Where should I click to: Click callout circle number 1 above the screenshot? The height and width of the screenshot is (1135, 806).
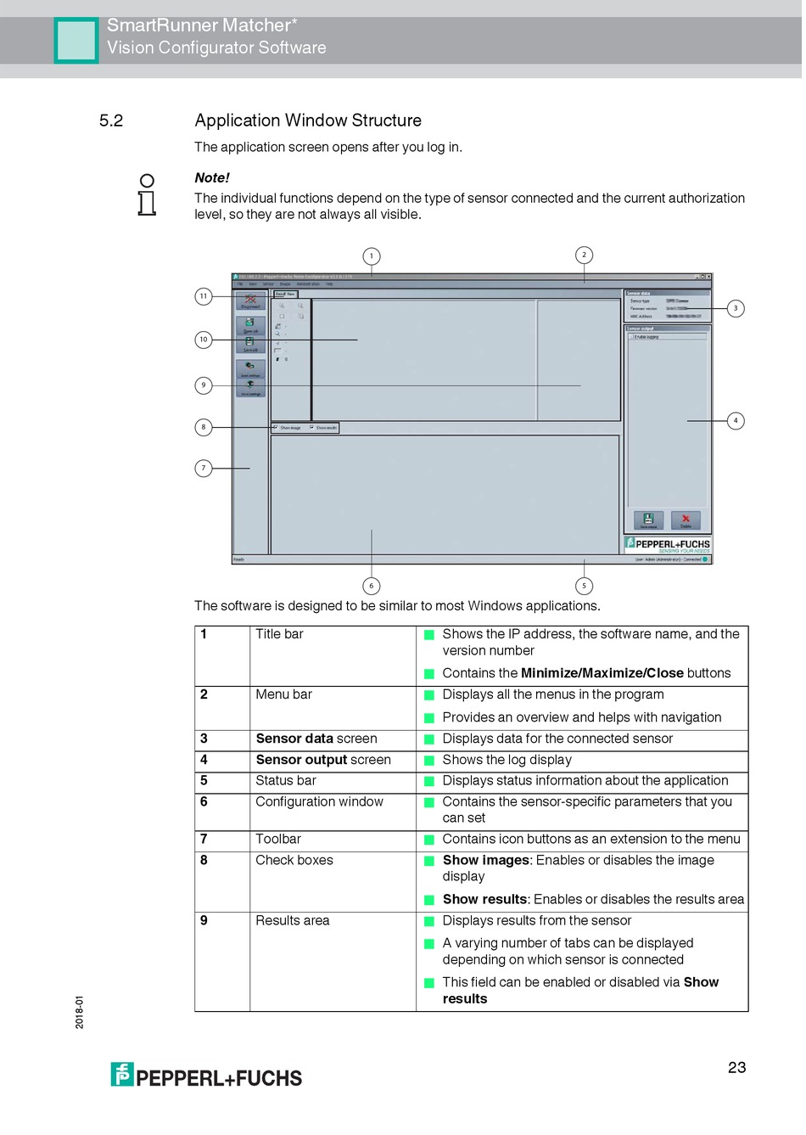[371, 256]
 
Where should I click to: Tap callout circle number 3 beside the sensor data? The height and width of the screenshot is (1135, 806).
[736, 308]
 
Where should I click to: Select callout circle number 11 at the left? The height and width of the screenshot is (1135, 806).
[204, 296]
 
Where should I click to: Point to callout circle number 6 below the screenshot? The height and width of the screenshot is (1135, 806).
[371, 586]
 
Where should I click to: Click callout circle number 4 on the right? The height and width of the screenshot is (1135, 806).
[736, 420]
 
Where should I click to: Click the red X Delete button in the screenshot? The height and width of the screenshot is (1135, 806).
[686, 520]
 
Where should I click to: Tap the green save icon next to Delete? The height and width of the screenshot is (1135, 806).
[648, 520]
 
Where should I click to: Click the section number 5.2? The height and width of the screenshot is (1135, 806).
[111, 121]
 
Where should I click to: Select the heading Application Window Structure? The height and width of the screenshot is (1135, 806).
[308, 121]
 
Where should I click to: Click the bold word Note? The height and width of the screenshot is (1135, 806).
[212, 177]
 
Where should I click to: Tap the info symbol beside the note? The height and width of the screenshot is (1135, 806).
[147, 194]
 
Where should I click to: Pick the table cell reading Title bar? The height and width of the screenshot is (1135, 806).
[280, 634]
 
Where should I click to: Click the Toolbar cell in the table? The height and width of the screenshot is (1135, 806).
[278, 839]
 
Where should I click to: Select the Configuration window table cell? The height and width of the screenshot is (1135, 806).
[320, 801]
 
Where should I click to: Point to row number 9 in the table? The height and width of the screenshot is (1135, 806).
[204, 920]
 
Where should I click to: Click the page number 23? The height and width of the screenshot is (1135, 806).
[736, 1067]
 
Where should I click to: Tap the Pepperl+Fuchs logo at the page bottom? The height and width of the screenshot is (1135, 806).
[206, 1076]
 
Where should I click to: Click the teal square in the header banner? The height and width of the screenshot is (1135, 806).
[76, 40]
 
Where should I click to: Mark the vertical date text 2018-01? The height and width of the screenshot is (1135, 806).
[80, 1012]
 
